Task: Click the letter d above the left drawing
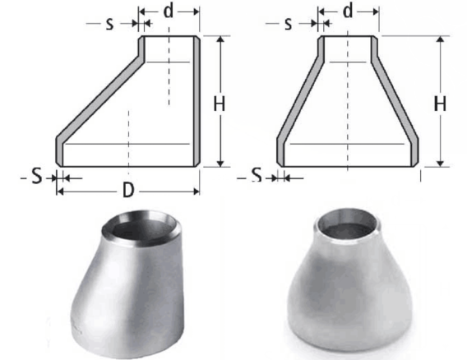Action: click(169, 12)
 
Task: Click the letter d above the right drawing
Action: click(348, 12)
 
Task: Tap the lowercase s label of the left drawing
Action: click(109, 24)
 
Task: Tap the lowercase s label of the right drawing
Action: click(288, 24)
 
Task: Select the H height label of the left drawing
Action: click(220, 104)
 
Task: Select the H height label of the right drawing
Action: click(440, 104)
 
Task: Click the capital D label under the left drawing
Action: click(128, 191)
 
